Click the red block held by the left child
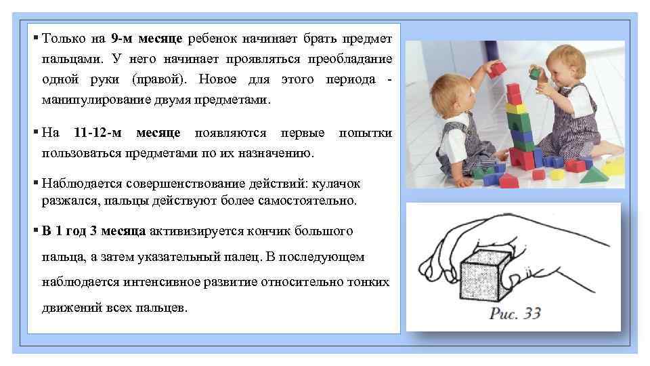tap(498, 68)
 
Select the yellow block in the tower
tap(516, 107)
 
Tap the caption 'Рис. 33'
tap(515, 314)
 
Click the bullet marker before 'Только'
tap(35, 36)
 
